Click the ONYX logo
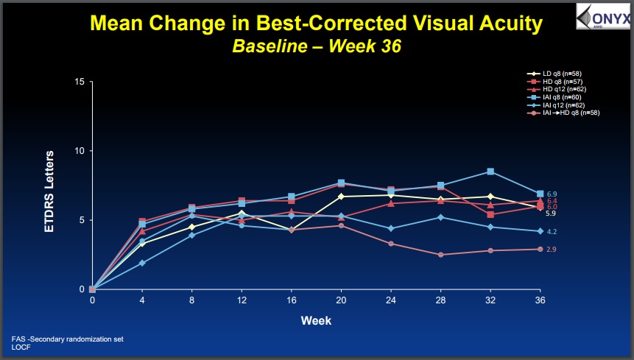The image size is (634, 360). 604,17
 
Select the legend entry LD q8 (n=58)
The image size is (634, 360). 554,74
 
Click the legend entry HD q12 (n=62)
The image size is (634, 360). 557,89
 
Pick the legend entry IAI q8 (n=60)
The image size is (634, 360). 554,97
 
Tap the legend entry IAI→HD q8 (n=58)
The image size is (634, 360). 563,113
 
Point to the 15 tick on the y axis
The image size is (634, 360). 80,82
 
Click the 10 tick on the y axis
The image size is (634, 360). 80,151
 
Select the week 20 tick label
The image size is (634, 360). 341,300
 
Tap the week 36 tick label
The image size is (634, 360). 540,300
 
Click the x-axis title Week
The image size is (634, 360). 316,321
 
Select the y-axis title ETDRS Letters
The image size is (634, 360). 49,191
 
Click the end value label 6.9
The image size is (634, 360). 552,194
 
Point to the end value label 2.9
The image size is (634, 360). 552,250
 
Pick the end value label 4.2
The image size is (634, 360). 552,231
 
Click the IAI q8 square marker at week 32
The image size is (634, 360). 490,172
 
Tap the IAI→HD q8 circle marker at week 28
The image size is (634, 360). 441,255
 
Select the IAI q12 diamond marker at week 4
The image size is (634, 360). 142,263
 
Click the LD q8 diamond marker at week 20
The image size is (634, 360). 341,197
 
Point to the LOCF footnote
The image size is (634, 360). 21,347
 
